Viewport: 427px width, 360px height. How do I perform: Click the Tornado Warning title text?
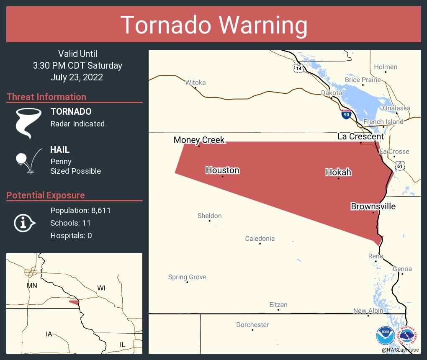(x=213, y=25)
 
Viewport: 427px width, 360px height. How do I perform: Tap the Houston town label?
(x=222, y=170)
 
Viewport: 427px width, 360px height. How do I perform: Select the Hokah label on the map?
(x=338, y=172)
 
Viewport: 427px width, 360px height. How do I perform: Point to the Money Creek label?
(x=199, y=140)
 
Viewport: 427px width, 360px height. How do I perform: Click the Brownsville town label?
(x=373, y=206)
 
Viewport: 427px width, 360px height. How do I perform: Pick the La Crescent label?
(x=360, y=136)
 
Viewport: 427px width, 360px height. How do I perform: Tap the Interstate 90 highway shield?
(x=346, y=115)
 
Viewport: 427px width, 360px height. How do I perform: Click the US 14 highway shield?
(x=298, y=68)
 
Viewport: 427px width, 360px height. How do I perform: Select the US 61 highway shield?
(x=400, y=166)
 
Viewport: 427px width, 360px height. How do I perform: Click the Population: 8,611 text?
(x=80, y=211)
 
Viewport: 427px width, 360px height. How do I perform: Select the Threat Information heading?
(x=46, y=97)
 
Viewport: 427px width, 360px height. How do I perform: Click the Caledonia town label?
(x=260, y=239)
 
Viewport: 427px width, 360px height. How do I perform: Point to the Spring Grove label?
(x=187, y=277)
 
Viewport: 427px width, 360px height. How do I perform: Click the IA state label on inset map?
(x=49, y=334)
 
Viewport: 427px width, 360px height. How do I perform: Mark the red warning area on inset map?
(x=74, y=302)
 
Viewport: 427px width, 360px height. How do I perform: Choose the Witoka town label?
(x=195, y=82)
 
